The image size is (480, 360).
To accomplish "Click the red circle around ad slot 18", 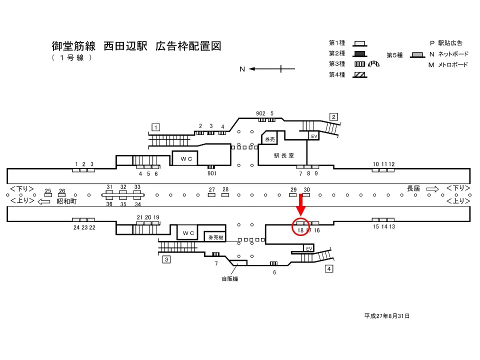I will pyautogui.click(x=300, y=226).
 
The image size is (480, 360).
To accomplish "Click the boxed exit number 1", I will pyautogui.click(x=156, y=127).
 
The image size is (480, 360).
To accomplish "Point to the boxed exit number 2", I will pyautogui.click(x=333, y=117).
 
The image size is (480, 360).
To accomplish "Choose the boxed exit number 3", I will pyautogui.click(x=166, y=259).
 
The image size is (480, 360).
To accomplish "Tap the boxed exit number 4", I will pyautogui.click(x=328, y=269).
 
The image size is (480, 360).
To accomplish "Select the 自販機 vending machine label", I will pyautogui.click(x=230, y=279).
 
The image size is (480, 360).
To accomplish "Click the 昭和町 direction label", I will pyautogui.click(x=66, y=201).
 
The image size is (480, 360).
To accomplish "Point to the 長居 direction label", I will pyautogui.click(x=413, y=188).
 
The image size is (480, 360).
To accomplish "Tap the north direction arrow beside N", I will pyautogui.click(x=265, y=69).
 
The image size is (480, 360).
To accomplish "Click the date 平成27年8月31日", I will pyautogui.click(x=387, y=316).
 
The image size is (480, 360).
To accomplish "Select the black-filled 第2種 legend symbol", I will pyautogui.click(x=360, y=53).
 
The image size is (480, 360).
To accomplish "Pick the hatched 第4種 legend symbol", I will pyautogui.click(x=360, y=75).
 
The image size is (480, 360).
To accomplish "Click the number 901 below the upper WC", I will pyautogui.click(x=211, y=173).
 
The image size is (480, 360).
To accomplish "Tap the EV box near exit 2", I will pyautogui.click(x=314, y=136).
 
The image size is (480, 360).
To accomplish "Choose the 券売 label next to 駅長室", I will pyautogui.click(x=270, y=139).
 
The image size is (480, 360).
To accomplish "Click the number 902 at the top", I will pyautogui.click(x=260, y=113).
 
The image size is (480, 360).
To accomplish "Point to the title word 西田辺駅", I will pyautogui.click(x=125, y=47).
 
